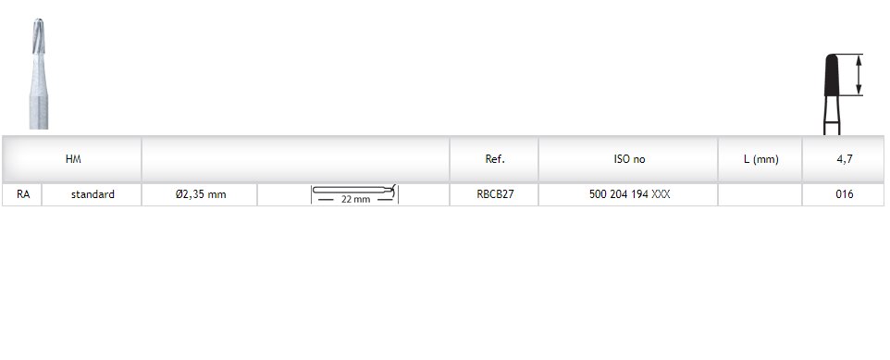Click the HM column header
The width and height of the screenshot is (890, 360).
pos(73,159)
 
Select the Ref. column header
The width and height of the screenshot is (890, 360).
pos(495,159)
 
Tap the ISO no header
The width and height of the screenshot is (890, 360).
pos(629,159)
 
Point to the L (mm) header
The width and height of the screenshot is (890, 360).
pos(760,159)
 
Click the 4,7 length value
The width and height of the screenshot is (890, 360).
pos(845,159)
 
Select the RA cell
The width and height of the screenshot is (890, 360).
pos(23,194)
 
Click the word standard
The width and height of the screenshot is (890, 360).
pos(93,194)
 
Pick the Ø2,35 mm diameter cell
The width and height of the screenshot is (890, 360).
pos(201,194)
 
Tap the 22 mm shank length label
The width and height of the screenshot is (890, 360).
pos(356,199)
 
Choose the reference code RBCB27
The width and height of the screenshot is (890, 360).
pos(495,194)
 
